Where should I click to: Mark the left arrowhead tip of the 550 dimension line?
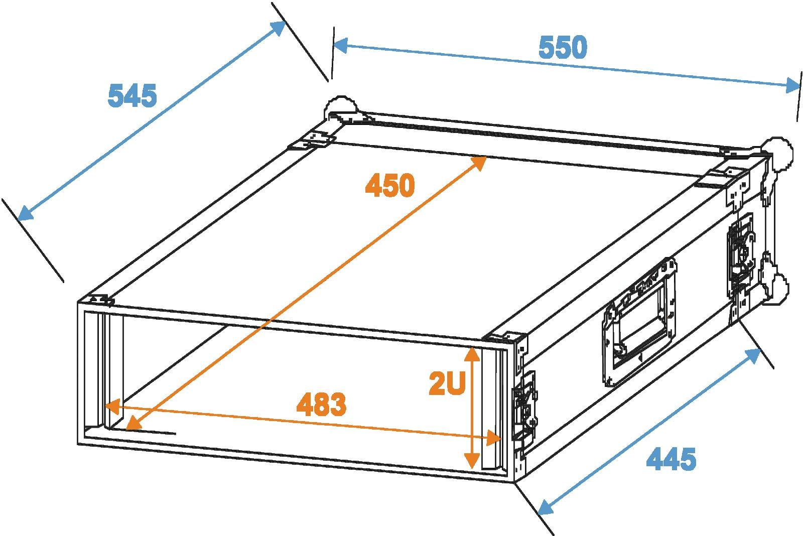click(333, 44)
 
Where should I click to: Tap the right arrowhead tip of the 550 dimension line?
click(800, 86)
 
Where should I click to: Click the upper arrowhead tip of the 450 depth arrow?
click(486, 157)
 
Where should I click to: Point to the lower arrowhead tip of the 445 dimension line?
click(538, 514)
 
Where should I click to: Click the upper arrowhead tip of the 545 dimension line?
click(286, 22)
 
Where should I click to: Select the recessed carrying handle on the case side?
click(639, 322)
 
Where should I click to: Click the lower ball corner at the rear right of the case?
click(776, 289)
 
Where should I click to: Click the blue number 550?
click(563, 47)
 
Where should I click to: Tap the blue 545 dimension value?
click(132, 95)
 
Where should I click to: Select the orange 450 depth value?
click(390, 185)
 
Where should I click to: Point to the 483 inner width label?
click(322, 404)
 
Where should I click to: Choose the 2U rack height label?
click(447, 383)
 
